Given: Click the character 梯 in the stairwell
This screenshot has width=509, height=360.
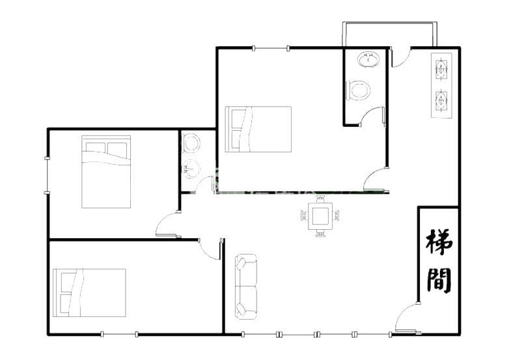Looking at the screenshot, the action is tap(439, 243).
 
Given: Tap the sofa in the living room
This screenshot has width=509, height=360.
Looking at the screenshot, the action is tap(246, 286).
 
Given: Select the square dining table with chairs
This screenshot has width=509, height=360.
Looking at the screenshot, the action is tap(320, 216).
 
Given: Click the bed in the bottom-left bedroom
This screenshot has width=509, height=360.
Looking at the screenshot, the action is tap(89, 292).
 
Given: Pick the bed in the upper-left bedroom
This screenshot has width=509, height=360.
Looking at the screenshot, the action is tap(106, 172).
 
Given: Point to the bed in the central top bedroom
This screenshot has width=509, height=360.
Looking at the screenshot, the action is tap(258, 129).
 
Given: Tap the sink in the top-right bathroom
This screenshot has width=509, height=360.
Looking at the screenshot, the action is tap(368, 59).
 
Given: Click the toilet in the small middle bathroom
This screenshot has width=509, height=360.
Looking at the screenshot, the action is tap(191, 143).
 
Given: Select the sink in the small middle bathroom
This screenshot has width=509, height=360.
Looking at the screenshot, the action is tap(191, 169).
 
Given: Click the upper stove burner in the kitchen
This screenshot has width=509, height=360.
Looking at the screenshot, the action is tap(441, 68).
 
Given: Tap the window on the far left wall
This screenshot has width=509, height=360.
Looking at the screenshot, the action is tap(48, 176).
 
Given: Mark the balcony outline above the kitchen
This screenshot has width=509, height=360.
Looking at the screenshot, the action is tap(389, 23).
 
